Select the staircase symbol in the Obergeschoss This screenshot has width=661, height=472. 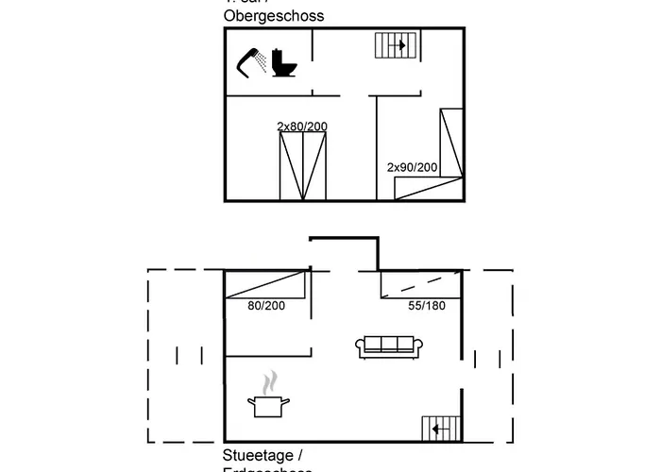tap(395, 45)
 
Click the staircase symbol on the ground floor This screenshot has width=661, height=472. tap(440, 429)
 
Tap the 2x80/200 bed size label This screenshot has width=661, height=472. tap(303, 126)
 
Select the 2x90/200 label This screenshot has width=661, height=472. tap(413, 167)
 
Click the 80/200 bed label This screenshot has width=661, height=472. tap(266, 305)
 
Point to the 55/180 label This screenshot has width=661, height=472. tap(427, 305)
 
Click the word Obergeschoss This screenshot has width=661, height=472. tap(274, 15)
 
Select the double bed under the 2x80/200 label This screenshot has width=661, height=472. tap(304, 166)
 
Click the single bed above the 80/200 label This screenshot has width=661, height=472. tap(267, 284)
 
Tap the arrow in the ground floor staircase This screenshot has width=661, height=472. tap(436, 430)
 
